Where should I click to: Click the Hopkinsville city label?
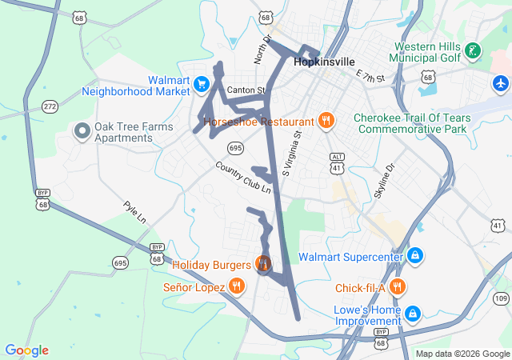tap(324, 61)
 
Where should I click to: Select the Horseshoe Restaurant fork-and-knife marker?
tap(325, 121)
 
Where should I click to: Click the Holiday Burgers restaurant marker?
tap(262, 262)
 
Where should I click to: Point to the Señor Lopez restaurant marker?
tap(236, 286)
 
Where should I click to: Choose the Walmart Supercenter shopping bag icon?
tap(414, 256)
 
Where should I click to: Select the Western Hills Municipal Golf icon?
tap(472, 51)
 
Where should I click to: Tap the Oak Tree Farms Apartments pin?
tap(81, 130)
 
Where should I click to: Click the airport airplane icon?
tap(501, 82)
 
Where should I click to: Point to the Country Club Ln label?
tap(243, 178)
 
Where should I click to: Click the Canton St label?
tap(245, 90)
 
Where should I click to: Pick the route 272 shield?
tap(50, 106)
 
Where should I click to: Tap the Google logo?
tap(26, 350)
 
